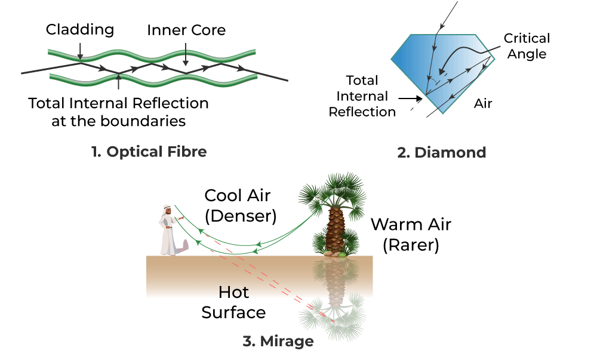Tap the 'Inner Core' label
coord(187,30)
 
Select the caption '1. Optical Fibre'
coord(149,152)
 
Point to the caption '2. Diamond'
coord(441,153)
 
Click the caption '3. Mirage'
coord(278,341)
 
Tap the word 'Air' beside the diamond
coord(483,104)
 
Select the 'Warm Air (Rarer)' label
coord(411,235)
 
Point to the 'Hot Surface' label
coord(233,302)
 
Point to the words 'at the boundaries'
coord(119,121)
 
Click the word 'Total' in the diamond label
coord(362,81)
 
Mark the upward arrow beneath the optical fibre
coord(119,84)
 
